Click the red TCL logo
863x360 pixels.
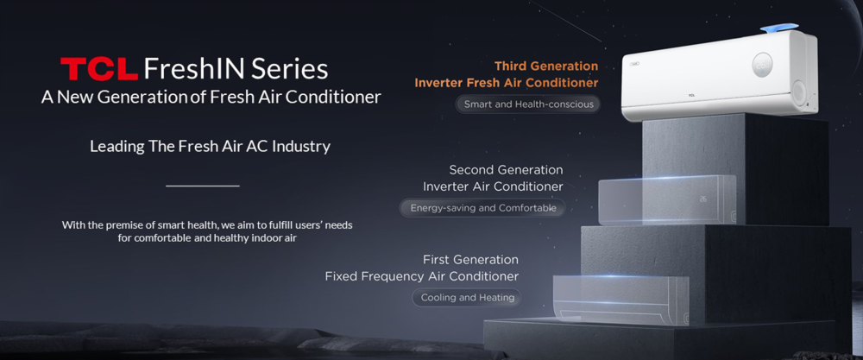click(x=99, y=69)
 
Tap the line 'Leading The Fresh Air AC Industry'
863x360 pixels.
click(x=210, y=147)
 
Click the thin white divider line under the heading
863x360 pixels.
click(x=203, y=186)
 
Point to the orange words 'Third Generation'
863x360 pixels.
click(x=546, y=66)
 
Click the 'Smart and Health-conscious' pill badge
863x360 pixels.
click(x=528, y=104)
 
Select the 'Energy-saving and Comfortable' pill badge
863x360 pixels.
click(x=482, y=208)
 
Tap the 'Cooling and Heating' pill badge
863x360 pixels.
click(x=467, y=298)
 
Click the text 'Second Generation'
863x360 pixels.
click(x=506, y=170)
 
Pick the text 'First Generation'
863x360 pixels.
click(x=470, y=259)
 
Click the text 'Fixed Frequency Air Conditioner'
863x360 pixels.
click(x=422, y=276)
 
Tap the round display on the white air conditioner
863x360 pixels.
click(x=762, y=65)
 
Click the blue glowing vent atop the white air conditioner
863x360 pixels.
click(x=778, y=28)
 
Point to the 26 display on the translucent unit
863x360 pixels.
click(x=703, y=199)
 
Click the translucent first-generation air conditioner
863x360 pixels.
click(x=620, y=300)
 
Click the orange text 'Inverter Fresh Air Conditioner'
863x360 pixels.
click(x=507, y=83)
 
